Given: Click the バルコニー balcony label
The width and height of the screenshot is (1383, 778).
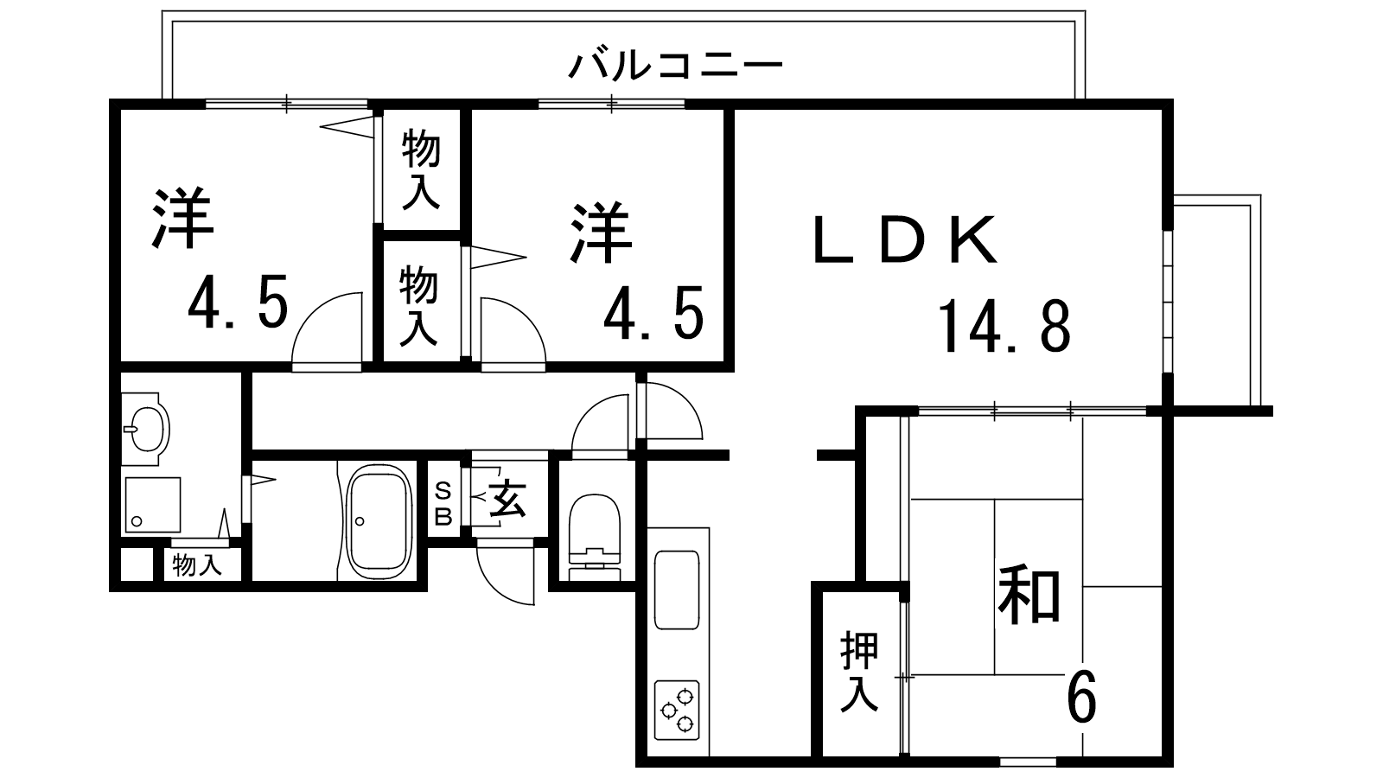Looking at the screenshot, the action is tap(675, 66).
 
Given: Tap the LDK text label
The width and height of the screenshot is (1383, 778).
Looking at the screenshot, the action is tap(905, 239).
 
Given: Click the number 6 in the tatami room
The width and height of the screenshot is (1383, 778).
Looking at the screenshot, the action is tap(1081, 696).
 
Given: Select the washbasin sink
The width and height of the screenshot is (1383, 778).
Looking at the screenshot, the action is tap(146, 429).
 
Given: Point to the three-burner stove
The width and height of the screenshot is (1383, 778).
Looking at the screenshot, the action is tap(678, 710).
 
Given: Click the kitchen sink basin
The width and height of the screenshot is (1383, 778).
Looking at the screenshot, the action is tap(678, 590).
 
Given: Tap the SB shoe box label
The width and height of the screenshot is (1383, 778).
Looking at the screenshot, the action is tap(443, 504).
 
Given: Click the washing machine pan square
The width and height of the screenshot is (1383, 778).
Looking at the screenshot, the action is tap(152, 505).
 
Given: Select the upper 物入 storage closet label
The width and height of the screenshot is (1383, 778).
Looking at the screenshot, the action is tap(421, 169).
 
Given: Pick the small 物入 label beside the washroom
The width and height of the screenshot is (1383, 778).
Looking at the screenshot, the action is tap(197, 565).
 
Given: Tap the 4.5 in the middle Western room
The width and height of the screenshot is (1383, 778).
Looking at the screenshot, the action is tap(653, 312).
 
